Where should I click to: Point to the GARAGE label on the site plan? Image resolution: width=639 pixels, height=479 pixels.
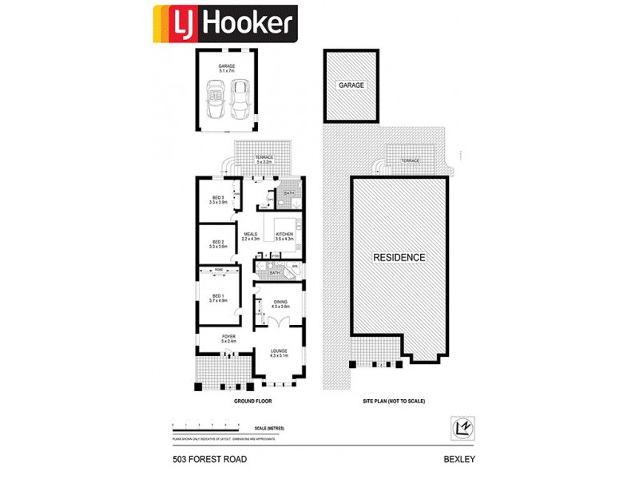coord(351,85)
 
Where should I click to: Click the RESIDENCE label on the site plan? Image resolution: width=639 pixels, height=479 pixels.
coord(400,257)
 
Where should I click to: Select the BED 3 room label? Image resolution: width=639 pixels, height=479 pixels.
coord(218,200)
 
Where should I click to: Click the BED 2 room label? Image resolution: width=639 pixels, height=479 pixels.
coord(218,244)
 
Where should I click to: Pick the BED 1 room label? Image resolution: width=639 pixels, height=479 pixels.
coord(218,298)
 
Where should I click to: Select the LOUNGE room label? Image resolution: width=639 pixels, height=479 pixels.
coord(279,353)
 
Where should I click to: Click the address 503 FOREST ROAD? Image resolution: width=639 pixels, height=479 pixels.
coord(209,460)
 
